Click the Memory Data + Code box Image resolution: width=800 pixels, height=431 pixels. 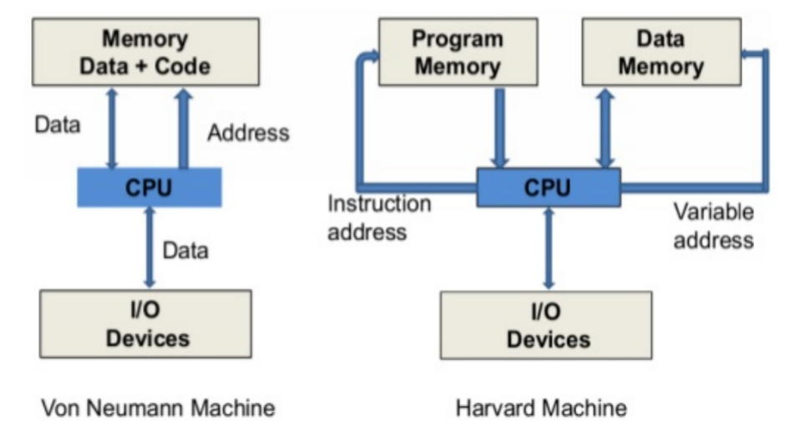pos(145,52)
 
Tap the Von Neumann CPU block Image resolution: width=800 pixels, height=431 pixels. pos(149,187)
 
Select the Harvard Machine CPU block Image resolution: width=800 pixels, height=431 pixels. pos(549,187)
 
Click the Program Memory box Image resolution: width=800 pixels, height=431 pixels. pos(458,52)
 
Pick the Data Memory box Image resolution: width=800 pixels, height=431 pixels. pos(661,52)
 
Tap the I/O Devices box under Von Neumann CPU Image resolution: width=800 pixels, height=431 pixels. pos(145,324)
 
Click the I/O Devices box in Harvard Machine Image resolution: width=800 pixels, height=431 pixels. pos(546,326)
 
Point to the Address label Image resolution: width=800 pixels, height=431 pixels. pos(249,133)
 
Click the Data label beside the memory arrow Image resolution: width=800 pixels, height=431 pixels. pos(57,125)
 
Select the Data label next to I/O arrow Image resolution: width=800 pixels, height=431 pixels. pos(185,251)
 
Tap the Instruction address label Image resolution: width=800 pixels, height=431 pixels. pos(379,218)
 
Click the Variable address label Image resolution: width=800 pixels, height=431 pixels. pos(713,226)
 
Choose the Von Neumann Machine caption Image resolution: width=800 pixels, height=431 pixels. pos(158,408)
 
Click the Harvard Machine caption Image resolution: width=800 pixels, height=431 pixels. pos(541,408)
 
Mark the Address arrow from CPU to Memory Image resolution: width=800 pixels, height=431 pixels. pos(184,129)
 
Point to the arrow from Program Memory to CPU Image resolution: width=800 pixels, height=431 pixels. pos(500,129)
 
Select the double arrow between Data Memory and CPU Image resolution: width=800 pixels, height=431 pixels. pos(605,129)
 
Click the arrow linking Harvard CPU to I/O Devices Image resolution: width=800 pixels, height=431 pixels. pos(549,249)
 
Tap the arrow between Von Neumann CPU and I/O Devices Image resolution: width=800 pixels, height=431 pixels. pos(149,248)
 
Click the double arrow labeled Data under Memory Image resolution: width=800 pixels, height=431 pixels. pos(112,129)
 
